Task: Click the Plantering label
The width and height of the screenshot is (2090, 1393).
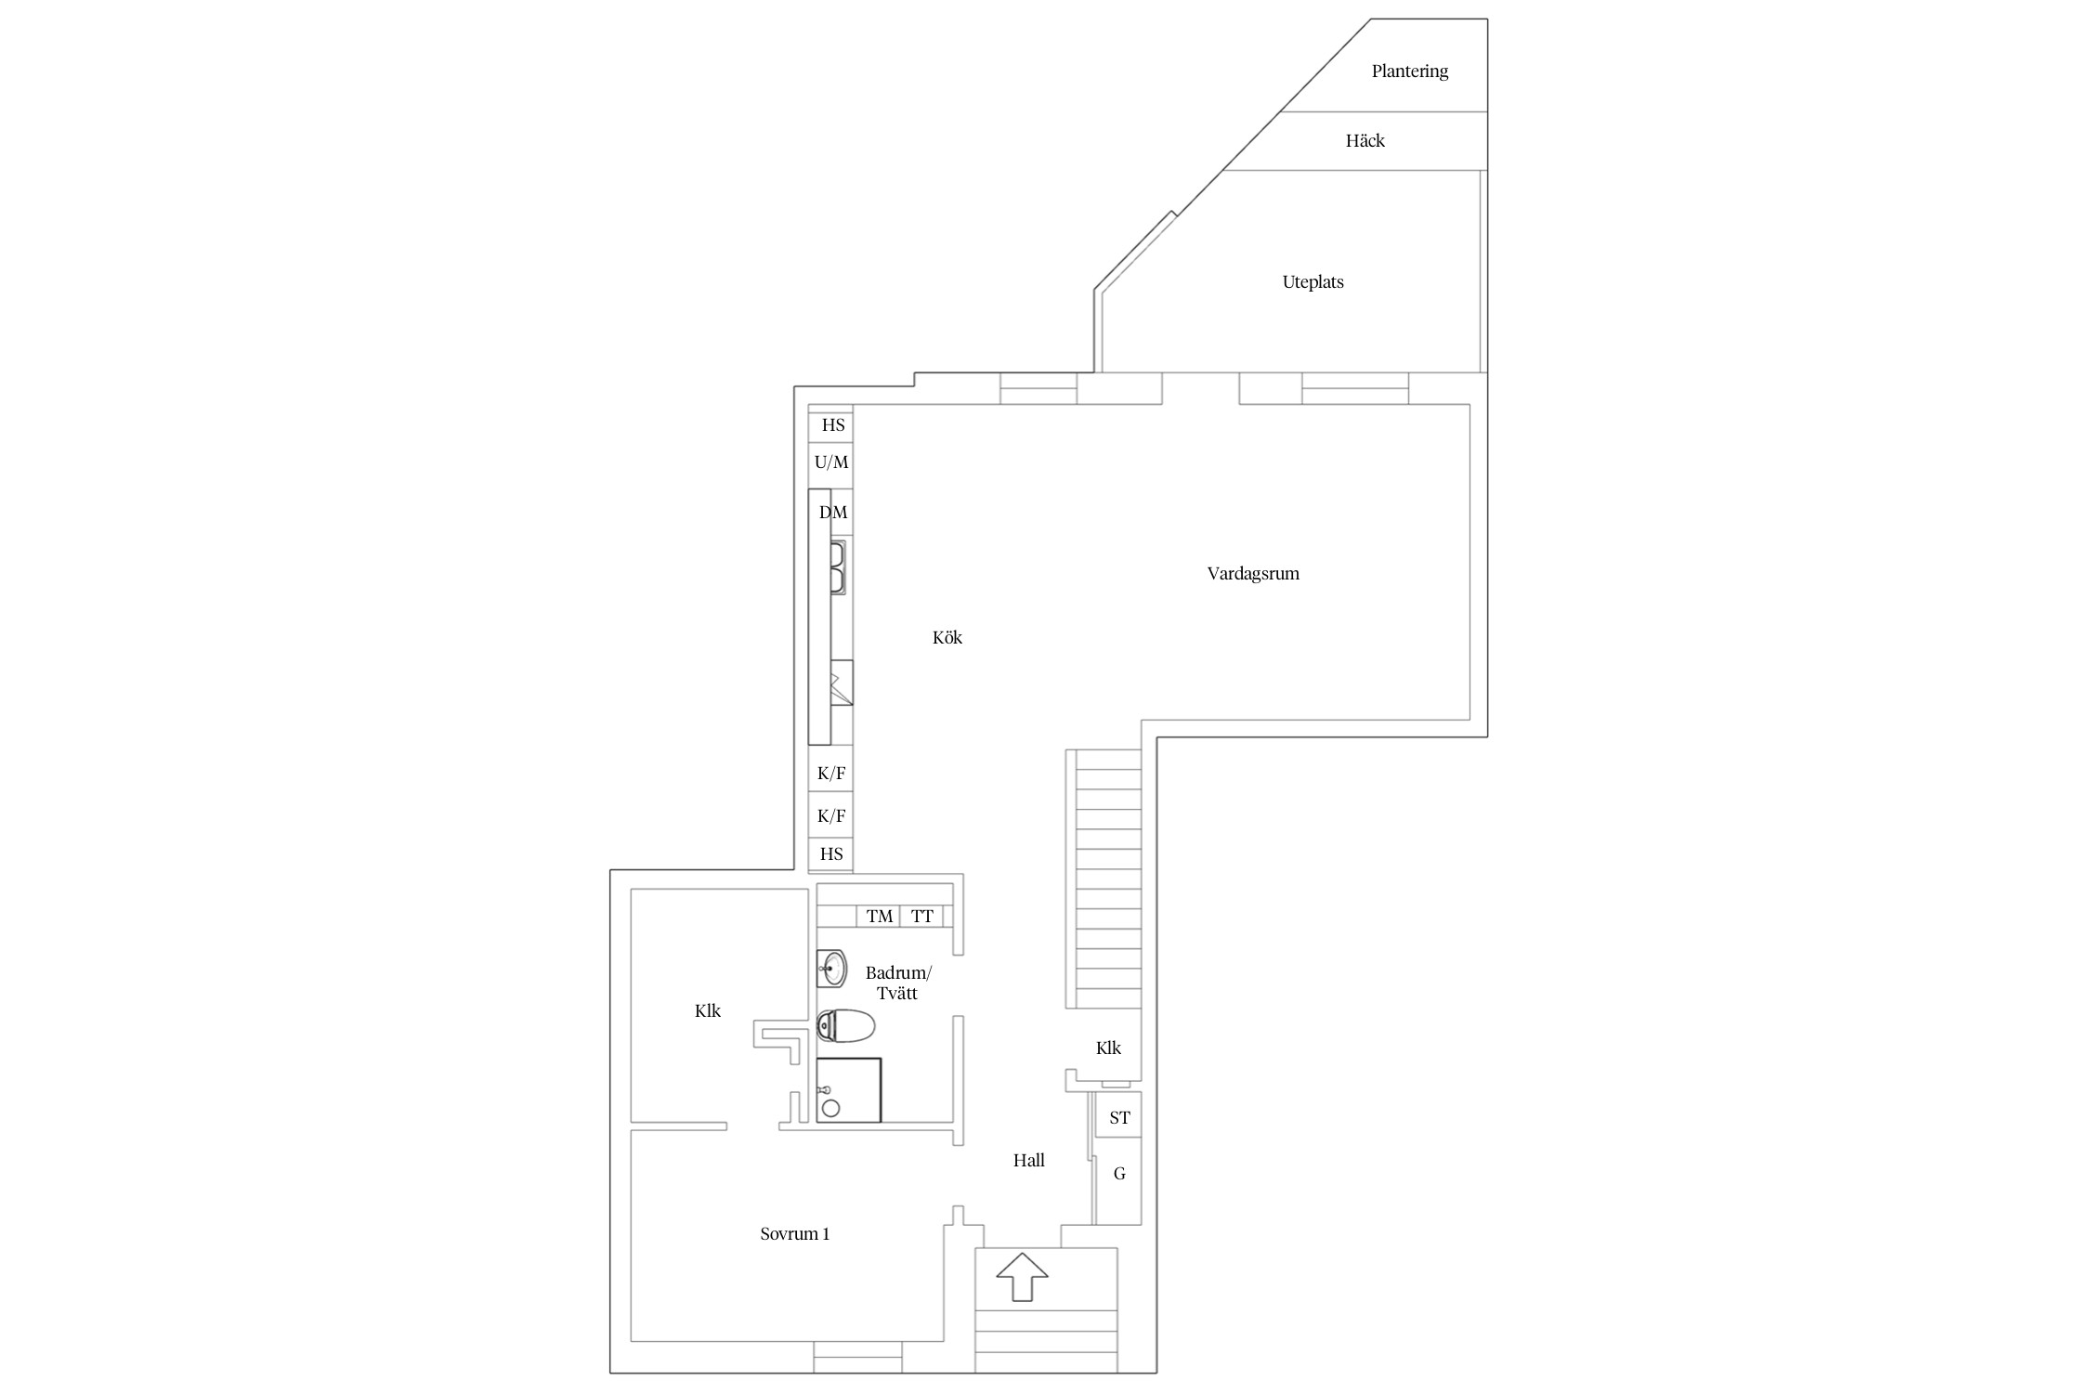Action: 1409,72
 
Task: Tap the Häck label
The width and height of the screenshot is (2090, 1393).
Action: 1365,141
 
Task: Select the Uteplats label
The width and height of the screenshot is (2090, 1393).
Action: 1313,282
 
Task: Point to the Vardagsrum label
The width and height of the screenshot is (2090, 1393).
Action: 1253,574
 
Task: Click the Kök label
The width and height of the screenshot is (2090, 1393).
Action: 947,638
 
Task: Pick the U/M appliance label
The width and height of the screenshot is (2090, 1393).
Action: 831,462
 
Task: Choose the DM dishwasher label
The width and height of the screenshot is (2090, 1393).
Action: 833,513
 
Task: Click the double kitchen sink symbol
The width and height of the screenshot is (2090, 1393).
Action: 837,568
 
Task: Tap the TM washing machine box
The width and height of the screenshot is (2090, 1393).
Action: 878,917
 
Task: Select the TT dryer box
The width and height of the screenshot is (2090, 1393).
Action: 921,917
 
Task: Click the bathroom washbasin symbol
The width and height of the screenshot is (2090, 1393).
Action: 832,970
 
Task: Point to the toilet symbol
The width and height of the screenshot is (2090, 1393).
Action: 845,1026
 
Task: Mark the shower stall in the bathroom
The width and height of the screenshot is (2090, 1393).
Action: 848,1089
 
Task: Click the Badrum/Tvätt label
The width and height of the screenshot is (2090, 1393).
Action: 897,983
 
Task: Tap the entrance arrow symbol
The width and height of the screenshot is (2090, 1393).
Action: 1022,1276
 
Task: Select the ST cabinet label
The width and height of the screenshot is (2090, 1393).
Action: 1119,1118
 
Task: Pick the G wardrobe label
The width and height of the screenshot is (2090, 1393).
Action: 1119,1174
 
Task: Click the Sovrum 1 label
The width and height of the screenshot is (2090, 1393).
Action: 794,1234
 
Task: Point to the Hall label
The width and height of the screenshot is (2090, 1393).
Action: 1028,1160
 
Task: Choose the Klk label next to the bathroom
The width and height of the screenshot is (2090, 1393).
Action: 707,1010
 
